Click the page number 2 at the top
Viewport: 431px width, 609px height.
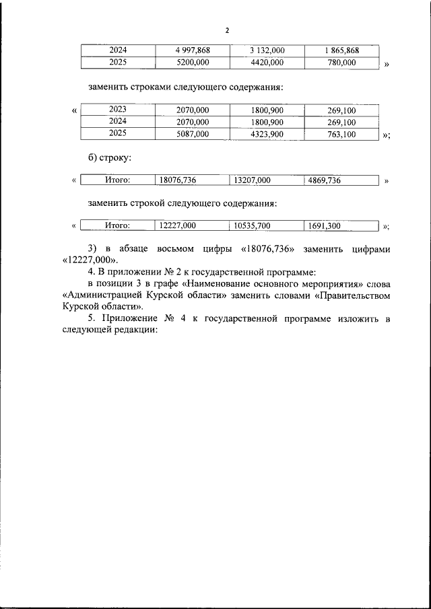click(227, 31)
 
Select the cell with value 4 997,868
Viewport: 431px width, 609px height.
click(192, 50)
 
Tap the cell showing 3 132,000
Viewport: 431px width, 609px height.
click(267, 50)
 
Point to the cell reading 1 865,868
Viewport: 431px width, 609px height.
click(341, 50)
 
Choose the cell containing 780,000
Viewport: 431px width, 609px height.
click(341, 63)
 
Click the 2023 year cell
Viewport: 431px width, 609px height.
click(118, 110)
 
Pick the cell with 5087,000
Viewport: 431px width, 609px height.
click(192, 134)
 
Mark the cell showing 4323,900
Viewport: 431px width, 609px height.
click(267, 134)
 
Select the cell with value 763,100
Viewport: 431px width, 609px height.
click(341, 134)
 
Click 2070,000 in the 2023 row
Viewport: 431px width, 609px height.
click(192, 110)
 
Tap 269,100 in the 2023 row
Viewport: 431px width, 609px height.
click(341, 110)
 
